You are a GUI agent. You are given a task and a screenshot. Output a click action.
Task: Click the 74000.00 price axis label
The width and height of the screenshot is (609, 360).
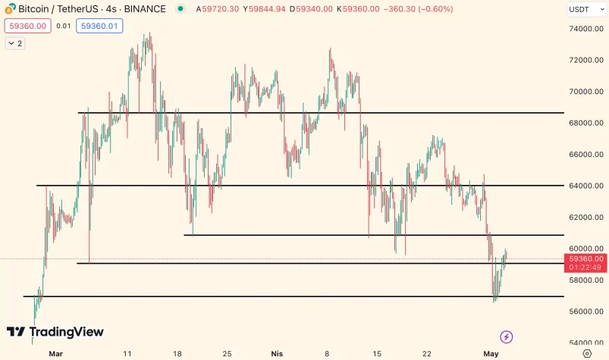[587, 29]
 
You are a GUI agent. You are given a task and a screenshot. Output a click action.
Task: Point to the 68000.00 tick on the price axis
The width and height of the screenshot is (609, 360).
[587, 123]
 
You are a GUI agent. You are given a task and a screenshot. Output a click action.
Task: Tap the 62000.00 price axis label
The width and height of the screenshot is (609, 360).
[587, 218]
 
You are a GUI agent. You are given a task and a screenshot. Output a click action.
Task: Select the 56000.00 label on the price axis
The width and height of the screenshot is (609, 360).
[587, 311]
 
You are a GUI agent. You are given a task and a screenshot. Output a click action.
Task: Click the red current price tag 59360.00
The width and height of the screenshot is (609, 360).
[587, 258]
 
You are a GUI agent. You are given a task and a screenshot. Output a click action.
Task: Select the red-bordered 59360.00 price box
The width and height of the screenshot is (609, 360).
[27, 26]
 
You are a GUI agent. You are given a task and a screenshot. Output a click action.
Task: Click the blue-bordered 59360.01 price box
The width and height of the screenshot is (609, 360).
[99, 26]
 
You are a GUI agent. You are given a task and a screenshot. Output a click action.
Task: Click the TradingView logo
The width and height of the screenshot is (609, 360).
[55, 332]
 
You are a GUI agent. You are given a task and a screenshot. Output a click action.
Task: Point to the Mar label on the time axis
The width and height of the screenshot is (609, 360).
[55, 353]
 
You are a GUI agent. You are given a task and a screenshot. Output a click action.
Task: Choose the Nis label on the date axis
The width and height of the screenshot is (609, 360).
[277, 353]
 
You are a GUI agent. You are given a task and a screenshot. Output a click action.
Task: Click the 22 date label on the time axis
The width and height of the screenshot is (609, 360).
[427, 353]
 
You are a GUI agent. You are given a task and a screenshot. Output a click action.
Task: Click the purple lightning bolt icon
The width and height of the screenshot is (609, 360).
[507, 337]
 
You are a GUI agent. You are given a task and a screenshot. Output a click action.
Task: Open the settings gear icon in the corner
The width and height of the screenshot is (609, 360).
[587, 353]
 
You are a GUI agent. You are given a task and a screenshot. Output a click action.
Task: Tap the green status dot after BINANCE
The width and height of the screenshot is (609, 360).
[180, 9]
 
